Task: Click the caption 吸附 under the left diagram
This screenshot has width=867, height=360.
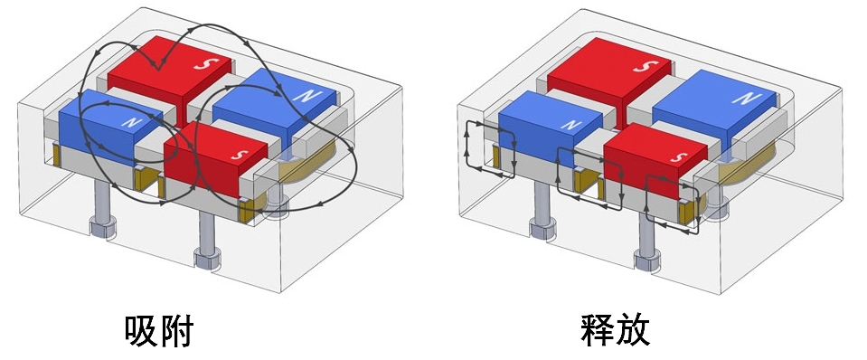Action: [159, 332]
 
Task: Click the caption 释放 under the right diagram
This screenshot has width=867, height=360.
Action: [615, 331]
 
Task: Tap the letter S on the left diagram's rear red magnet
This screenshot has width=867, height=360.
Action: [203, 64]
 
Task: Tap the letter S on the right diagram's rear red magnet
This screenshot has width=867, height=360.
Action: [642, 67]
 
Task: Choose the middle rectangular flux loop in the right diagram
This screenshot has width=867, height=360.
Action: [589, 177]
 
